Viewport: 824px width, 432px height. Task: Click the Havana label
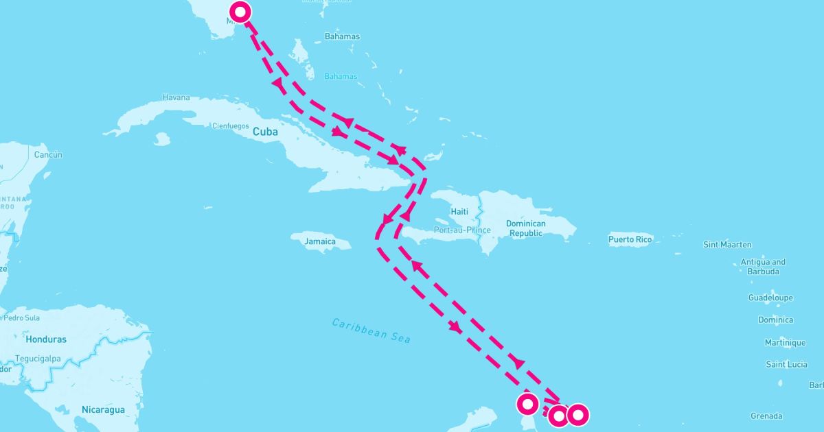[x=176, y=97]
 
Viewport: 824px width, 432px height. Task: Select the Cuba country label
[x=265, y=131]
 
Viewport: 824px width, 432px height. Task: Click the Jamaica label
[x=320, y=241]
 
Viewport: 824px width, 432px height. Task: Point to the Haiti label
[x=459, y=212]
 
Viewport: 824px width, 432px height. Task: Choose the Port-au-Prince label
[x=462, y=230]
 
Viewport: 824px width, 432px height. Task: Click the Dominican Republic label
[x=525, y=228]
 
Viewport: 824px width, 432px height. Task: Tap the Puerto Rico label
[x=630, y=239]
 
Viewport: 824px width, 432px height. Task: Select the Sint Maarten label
[x=727, y=244]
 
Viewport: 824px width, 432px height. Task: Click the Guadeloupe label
[x=770, y=298]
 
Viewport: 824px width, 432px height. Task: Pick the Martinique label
[x=785, y=342]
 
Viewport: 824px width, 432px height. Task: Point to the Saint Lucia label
[x=786, y=364]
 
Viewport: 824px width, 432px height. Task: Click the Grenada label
[x=766, y=416]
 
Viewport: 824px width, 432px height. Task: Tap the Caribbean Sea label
[x=371, y=331]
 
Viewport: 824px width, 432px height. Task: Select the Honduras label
[x=46, y=339]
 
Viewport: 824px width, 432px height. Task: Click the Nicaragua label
[x=103, y=409]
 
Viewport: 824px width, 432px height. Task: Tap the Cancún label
[x=47, y=155]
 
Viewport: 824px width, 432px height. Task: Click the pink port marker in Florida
[x=240, y=11]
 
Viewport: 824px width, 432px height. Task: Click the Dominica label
[x=775, y=320]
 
